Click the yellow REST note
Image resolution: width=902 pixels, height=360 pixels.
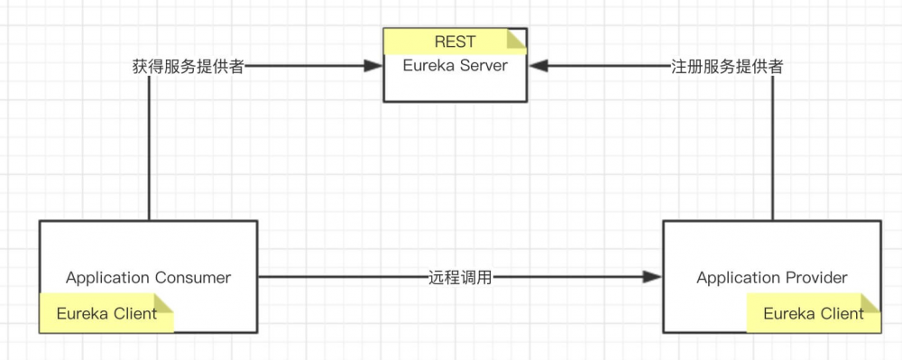(455, 42)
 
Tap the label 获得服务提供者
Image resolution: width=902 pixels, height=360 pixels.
(188, 67)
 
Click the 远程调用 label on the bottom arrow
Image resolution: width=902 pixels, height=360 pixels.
(460, 277)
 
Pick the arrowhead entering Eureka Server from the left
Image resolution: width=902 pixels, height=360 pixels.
(373, 66)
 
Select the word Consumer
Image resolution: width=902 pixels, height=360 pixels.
(192, 277)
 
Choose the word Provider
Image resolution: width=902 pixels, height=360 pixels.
(816, 277)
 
